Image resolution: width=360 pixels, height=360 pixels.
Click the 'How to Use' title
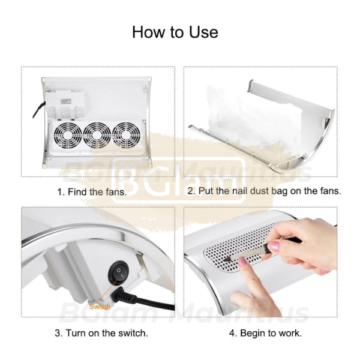pos(175,31)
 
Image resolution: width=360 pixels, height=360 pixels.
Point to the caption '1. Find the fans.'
pos(92,192)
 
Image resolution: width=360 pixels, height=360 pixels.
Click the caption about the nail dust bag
pos(264,192)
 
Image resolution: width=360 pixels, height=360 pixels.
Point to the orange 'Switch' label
pos(100,307)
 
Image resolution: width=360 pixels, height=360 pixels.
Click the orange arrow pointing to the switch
pos(108,295)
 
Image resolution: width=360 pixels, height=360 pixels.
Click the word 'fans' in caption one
pos(116,192)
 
